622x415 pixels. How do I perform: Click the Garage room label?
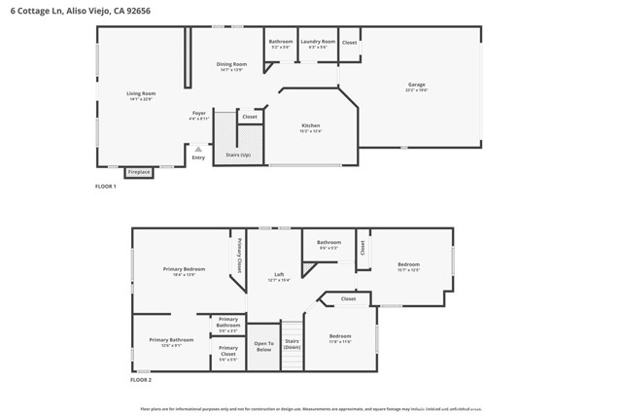(417, 87)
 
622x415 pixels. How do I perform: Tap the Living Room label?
(141, 96)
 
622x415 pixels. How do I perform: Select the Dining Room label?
(231, 66)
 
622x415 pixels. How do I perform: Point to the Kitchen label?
(311, 127)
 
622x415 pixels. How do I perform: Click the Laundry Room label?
(317, 43)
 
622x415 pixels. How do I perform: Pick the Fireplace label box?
(139, 172)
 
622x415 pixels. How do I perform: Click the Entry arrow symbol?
(198, 149)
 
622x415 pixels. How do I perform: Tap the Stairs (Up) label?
(238, 155)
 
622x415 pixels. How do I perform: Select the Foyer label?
(198, 115)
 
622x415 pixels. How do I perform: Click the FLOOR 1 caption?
(106, 186)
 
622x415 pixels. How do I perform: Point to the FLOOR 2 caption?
(142, 380)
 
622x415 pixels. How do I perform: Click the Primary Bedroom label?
(184, 271)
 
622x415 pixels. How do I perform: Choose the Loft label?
(279, 277)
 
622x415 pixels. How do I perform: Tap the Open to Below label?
(263, 346)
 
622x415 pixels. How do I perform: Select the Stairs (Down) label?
(292, 344)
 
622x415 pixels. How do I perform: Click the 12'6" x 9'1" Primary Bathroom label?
(171, 342)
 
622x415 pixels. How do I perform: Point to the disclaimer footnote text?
(311, 408)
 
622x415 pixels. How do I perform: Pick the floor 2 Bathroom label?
(328, 244)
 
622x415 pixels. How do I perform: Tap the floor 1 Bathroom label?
(280, 43)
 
